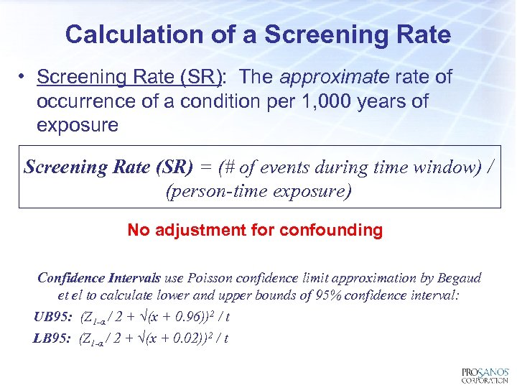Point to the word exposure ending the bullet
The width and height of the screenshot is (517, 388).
pos(77,125)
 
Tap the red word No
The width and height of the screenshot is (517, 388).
pos(138,230)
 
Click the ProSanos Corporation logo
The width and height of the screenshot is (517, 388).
pos(485,375)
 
